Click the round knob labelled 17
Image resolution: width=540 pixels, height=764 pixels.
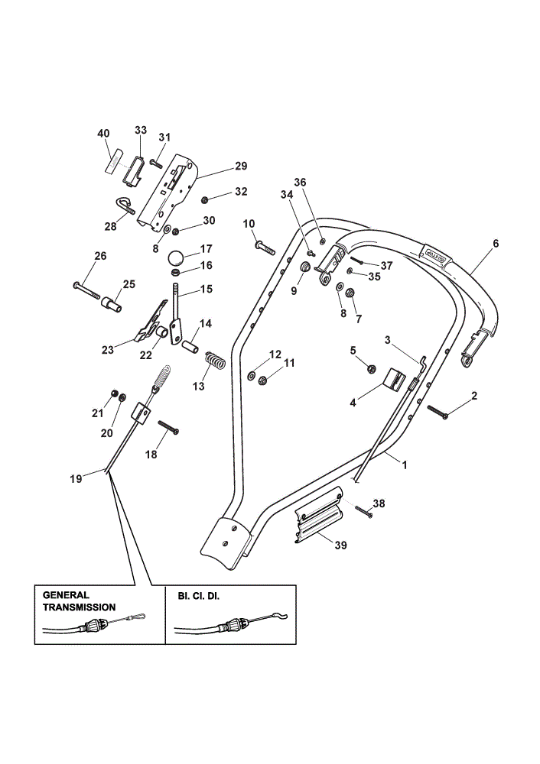point(177,257)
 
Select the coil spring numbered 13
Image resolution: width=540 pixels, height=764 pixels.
point(214,360)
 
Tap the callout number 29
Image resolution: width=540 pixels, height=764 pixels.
point(241,166)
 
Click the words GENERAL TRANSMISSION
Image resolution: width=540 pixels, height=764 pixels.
point(79,601)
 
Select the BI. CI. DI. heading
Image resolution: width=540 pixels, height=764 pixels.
point(199,596)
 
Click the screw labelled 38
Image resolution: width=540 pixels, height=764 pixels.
point(364,512)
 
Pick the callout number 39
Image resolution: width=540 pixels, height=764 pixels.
point(341,545)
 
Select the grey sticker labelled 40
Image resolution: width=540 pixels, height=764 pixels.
point(112,158)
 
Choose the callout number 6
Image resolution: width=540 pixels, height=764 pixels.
point(496,244)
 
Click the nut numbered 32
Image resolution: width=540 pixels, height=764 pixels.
point(205,199)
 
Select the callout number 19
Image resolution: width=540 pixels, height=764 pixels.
point(76,479)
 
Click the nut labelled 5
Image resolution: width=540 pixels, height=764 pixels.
point(371,368)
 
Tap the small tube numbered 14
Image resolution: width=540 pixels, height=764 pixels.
point(190,348)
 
